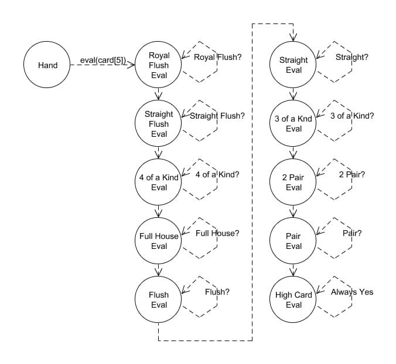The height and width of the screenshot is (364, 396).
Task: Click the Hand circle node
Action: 47,65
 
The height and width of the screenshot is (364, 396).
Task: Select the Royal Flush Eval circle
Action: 159,65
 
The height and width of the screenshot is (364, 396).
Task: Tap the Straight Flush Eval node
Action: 159,124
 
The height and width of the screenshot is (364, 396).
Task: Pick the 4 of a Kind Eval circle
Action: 159,183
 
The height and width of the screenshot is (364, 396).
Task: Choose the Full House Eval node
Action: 159,241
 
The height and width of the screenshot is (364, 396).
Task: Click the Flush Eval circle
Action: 159,300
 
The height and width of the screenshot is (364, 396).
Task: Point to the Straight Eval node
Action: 293,65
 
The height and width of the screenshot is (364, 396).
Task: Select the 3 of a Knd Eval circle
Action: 293,124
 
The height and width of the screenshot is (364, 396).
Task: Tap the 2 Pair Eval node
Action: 293,183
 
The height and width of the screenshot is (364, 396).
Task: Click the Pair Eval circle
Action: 293,241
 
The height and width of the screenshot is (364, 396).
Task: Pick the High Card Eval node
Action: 293,300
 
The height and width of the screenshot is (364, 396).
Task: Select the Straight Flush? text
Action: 217,116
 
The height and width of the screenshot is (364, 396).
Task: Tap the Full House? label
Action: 217,233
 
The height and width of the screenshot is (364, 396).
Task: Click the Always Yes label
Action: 352,292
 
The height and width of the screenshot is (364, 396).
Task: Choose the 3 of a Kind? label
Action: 352,116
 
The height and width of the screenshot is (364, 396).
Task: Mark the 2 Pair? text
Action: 352,174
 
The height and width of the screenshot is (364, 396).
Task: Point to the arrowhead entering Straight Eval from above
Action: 293,39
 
